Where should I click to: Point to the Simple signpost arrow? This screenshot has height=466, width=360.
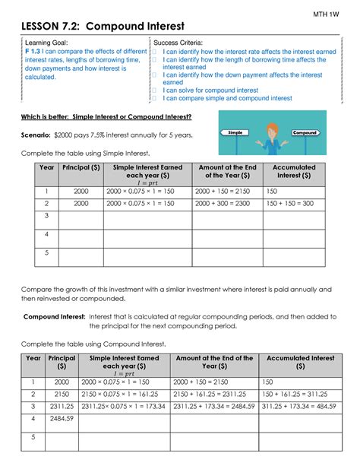pos(236,133)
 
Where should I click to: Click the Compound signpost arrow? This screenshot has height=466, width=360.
pos(305,132)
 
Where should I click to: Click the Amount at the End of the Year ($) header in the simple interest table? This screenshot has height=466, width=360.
pos(223,171)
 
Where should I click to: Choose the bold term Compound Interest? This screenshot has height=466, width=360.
pos(53,315)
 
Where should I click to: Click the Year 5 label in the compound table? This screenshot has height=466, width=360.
pos(32,437)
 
